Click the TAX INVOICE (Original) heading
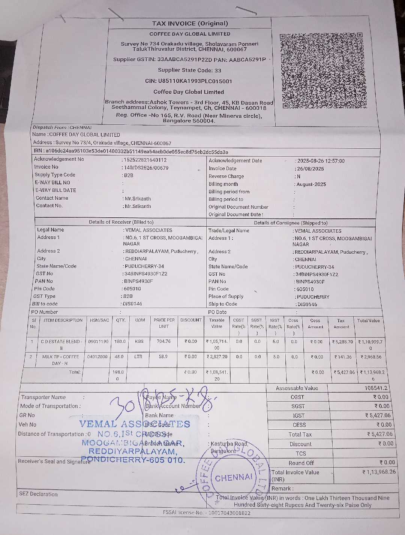[190, 23]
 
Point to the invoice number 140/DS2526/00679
[146, 168]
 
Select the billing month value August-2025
[311, 184]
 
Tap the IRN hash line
[131, 152]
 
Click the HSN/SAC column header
[99, 320]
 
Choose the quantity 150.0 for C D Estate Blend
[120, 342]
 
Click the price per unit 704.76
[163, 341]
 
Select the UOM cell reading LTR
[138, 357]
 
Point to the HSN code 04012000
[97, 357]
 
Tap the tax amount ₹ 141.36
[343, 357]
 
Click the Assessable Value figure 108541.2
[376, 388]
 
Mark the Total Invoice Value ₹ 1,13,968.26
[379, 472]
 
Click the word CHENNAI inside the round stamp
[234, 478]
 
